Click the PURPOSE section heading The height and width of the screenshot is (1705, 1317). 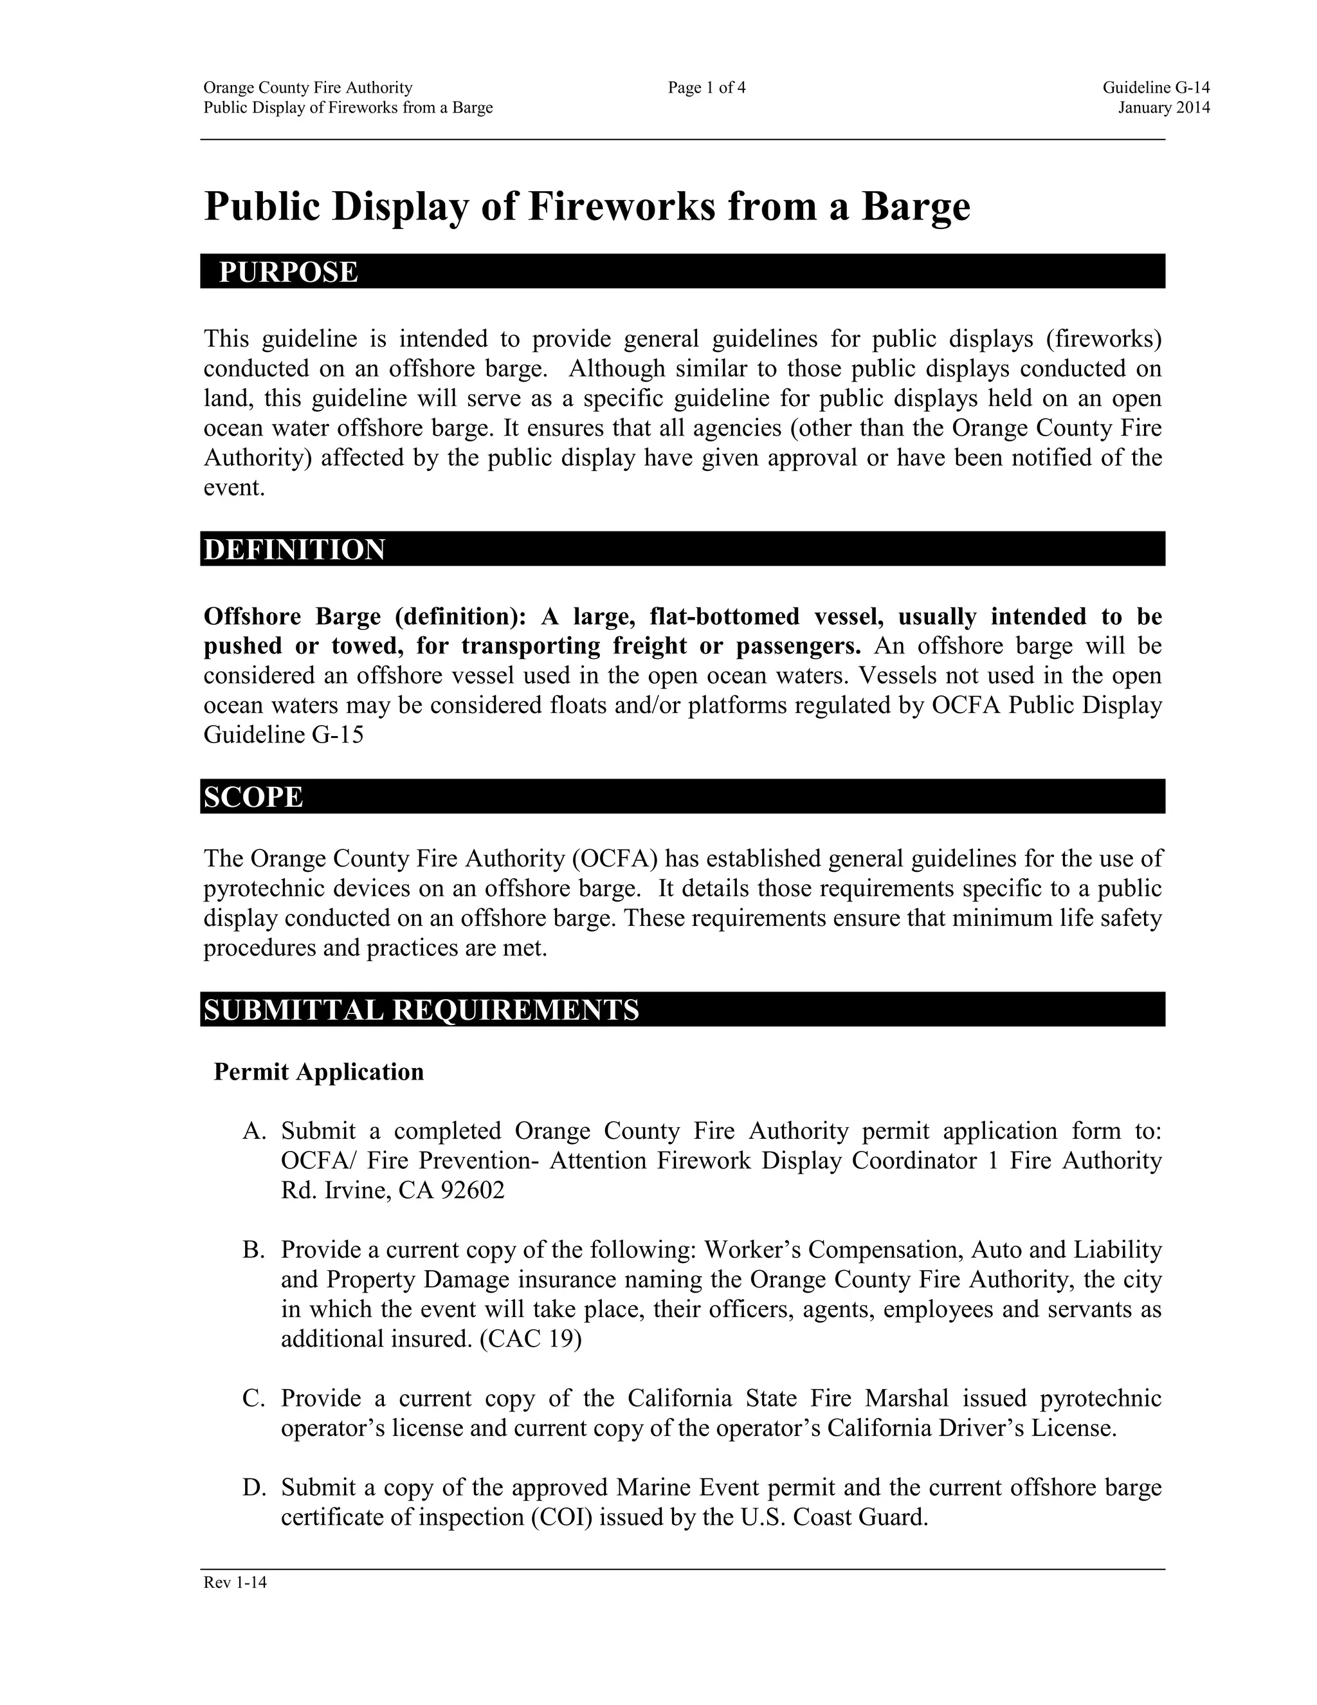(x=288, y=272)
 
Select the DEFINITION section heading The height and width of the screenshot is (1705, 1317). (x=294, y=549)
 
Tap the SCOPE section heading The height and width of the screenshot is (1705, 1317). (x=253, y=797)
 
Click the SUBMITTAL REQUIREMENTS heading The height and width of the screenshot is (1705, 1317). (x=421, y=1009)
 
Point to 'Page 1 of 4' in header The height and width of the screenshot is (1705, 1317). (x=706, y=88)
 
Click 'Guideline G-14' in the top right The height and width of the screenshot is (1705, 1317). (x=1156, y=88)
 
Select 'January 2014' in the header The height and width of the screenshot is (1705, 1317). (x=1163, y=107)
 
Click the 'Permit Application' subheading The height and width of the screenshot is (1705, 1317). (x=318, y=1071)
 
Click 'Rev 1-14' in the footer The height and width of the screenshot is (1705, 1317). (x=235, y=1583)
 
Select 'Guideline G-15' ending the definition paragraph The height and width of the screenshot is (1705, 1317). (x=283, y=735)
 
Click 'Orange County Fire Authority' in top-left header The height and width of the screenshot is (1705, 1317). (x=307, y=88)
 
